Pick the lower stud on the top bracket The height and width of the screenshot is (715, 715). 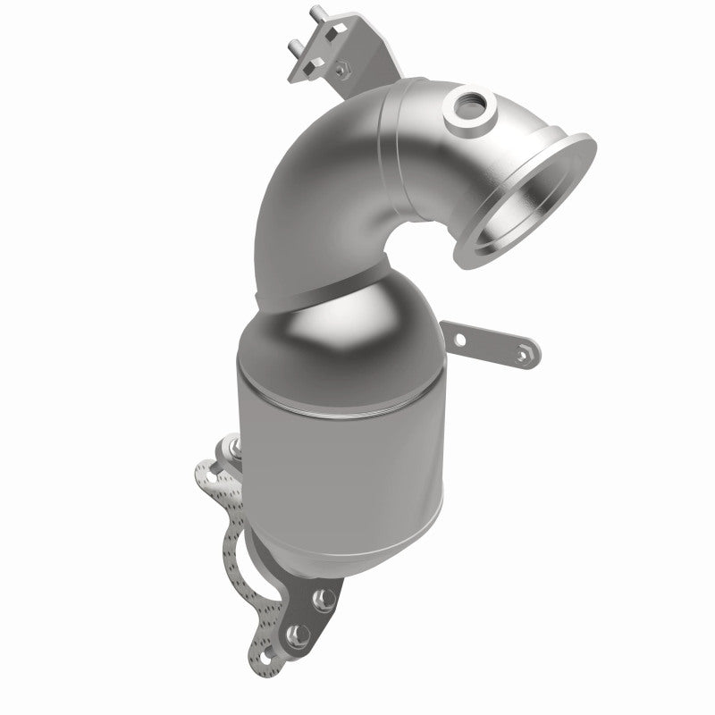pyautogui.click(x=296, y=46)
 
